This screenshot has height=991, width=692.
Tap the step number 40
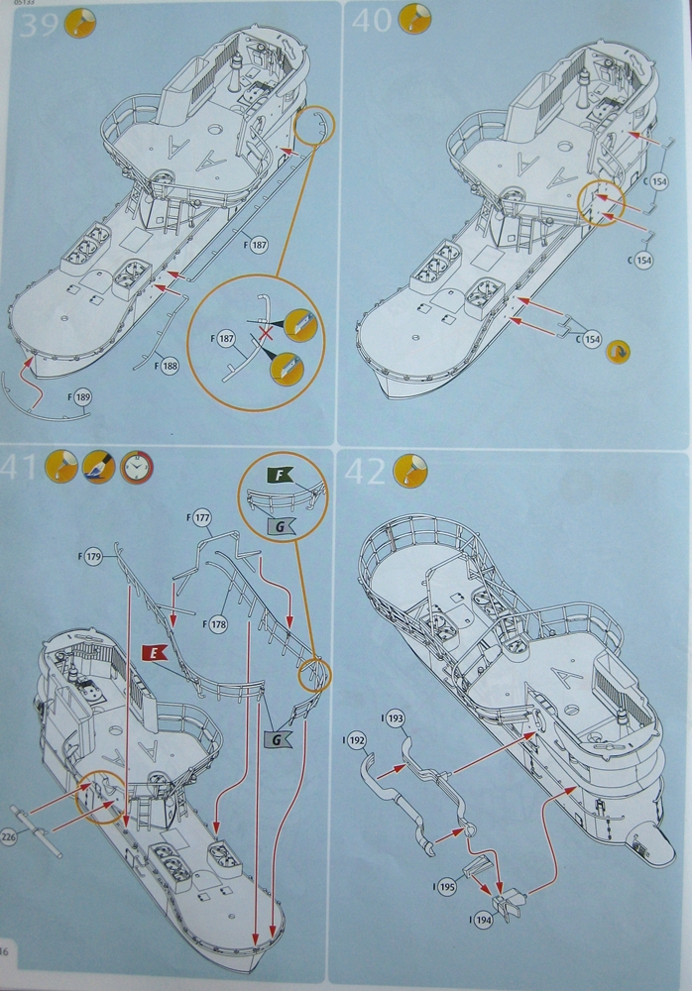pos(373,21)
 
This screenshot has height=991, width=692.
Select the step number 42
pos(366,472)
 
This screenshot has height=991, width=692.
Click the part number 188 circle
pos(171,367)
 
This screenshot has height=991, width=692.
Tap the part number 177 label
pos(202,518)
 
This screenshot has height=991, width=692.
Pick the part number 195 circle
pos(446,888)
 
